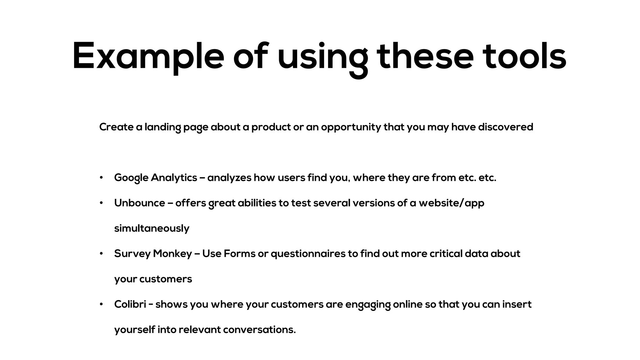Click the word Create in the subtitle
(116, 127)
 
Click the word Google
(131, 178)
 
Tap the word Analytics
(174, 178)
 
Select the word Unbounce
(139, 203)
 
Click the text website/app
(451, 203)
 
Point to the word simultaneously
(152, 228)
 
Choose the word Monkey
(172, 254)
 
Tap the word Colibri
(130, 304)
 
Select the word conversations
(259, 330)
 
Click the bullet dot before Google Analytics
(101, 177)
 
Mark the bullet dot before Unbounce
(101, 203)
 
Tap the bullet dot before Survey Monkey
(101, 253)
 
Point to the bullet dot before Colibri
(101, 304)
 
